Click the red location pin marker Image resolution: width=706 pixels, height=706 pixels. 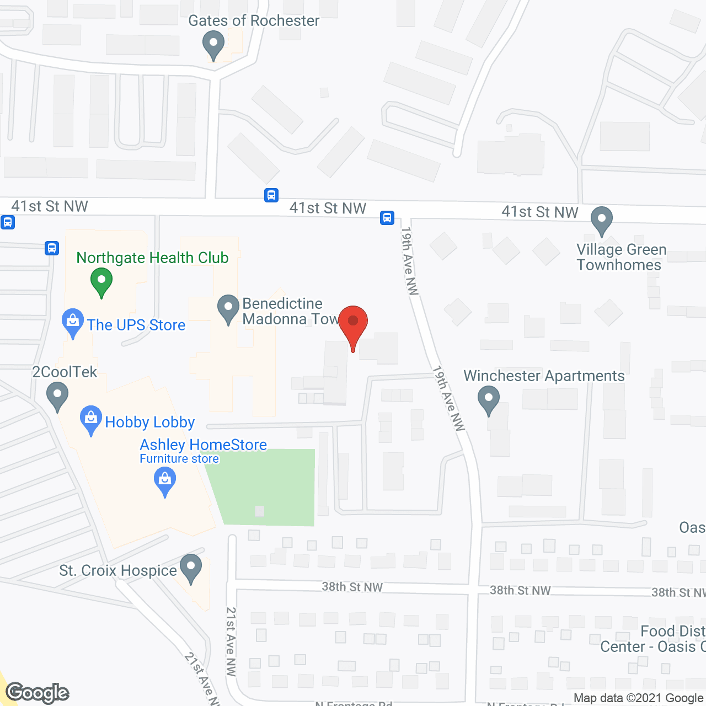tap(353, 325)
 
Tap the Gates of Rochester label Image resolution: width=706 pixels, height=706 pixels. tap(254, 21)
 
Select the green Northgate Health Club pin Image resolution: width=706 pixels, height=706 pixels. tap(101, 281)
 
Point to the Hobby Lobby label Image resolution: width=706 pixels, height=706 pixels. tap(149, 422)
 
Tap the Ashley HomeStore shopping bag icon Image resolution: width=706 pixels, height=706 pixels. tap(164, 480)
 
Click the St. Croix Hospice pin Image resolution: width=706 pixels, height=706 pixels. tap(191, 568)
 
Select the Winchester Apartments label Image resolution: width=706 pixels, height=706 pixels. tap(544, 376)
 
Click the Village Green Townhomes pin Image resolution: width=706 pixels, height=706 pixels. tap(602, 220)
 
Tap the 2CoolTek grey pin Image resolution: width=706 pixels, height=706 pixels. tap(57, 397)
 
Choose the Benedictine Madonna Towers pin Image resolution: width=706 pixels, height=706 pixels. tap(228, 308)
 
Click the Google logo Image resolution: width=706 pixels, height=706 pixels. tap(38, 693)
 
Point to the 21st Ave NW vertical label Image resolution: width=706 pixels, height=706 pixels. tap(231, 641)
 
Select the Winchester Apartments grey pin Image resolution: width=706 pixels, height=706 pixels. tap(488, 399)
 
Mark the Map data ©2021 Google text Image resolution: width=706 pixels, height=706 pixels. tap(639, 698)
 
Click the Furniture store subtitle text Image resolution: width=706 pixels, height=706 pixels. tap(179, 459)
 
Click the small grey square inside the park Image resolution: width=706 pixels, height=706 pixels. tap(259, 511)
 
